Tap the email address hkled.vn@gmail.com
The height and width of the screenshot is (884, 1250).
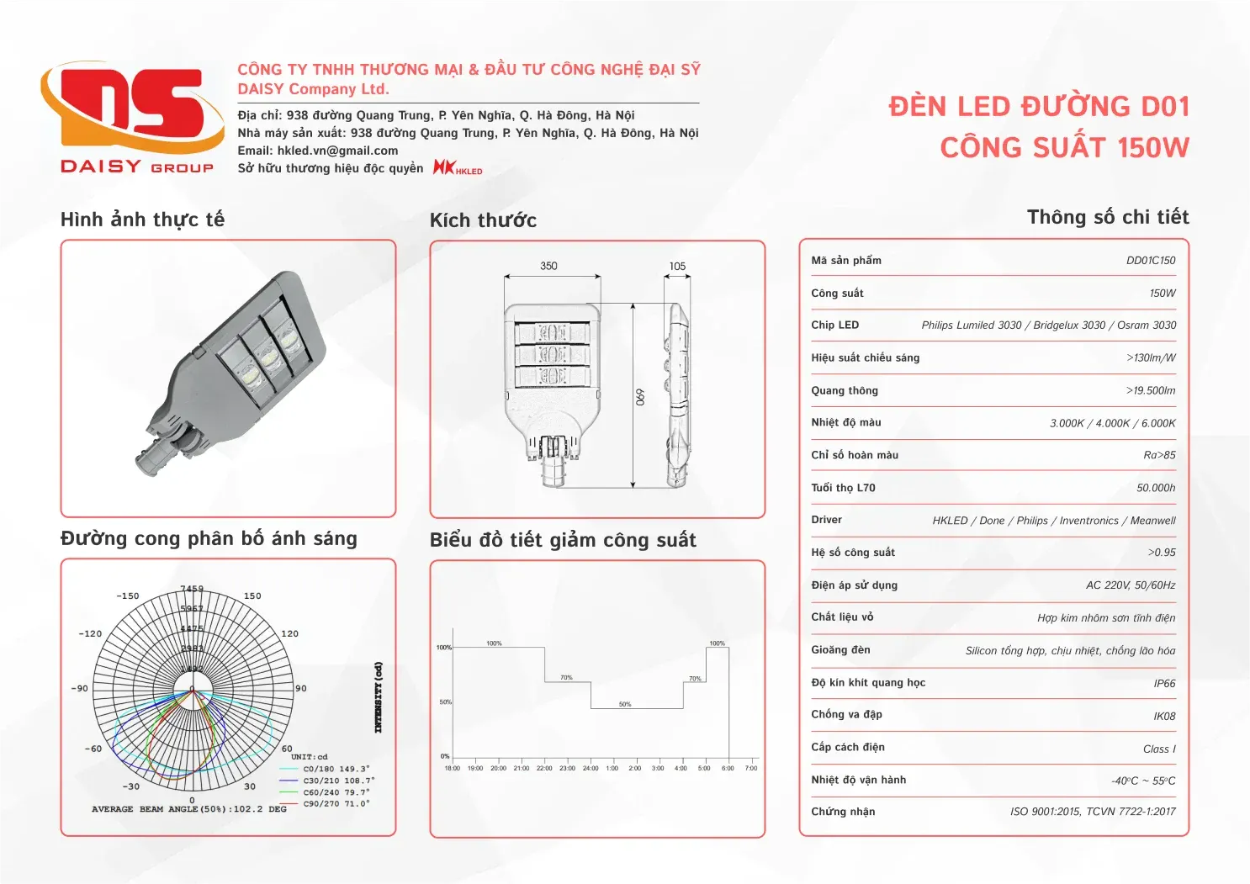tap(337, 151)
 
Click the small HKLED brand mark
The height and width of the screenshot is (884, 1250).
tap(458, 167)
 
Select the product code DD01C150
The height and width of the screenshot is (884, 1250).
tap(1151, 261)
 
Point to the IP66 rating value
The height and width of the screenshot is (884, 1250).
tap(1164, 684)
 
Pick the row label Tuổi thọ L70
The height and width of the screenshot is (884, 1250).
tap(843, 488)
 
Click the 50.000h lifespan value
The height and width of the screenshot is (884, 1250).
tap(1156, 488)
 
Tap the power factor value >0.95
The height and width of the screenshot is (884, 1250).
tap(1162, 553)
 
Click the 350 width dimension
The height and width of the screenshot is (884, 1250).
tap(548, 266)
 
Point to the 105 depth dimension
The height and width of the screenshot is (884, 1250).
tap(677, 267)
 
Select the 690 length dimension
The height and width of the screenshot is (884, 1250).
tap(640, 396)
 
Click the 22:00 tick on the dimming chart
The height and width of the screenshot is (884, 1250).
tap(544, 768)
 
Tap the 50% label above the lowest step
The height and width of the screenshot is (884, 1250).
tap(625, 704)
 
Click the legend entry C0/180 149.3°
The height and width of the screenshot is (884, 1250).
tap(336, 769)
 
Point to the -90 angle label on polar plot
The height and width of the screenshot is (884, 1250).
tap(79, 688)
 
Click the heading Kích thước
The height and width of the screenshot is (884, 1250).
tap(483, 220)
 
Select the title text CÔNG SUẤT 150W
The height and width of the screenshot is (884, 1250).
tap(1064, 148)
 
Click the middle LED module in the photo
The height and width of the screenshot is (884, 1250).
tap(268, 357)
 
